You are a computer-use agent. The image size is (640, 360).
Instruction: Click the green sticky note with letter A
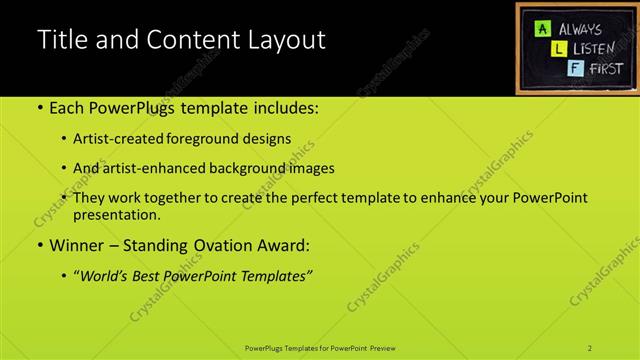[540, 29]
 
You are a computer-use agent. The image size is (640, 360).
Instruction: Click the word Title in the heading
[63, 41]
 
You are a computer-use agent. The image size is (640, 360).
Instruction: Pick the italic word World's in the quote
[104, 275]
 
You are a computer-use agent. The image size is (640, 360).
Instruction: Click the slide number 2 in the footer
[590, 348]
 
